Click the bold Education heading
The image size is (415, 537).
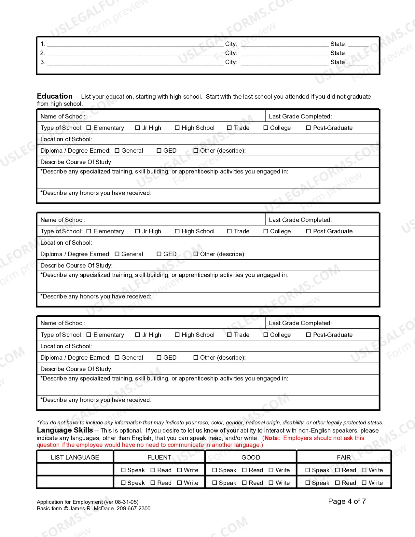[x=55, y=96]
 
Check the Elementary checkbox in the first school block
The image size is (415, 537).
[x=89, y=128]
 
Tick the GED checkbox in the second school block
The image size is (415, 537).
[x=159, y=254]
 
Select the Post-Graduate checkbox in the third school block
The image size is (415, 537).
[x=308, y=335]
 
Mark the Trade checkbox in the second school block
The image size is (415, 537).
[x=229, y=231]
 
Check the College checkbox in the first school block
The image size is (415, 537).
[x=266, y=128]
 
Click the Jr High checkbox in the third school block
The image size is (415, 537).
[x=137, y=335]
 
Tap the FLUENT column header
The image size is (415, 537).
[x=159, y=457]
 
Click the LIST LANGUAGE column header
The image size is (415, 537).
[x=75, y=457]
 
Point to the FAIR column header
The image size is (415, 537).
[x=344, y=457]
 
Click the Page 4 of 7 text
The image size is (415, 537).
[x=347, y=501]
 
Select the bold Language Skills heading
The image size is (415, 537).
[x=65, y=430]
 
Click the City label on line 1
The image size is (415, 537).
[x=231, y=44]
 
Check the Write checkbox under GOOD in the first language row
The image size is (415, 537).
[x=271, y=470]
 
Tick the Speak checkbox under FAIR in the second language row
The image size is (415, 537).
[x=308, y=483]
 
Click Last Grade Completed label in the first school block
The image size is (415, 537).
[x=300, y=117]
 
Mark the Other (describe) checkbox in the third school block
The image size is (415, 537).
[x=196, y=358]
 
